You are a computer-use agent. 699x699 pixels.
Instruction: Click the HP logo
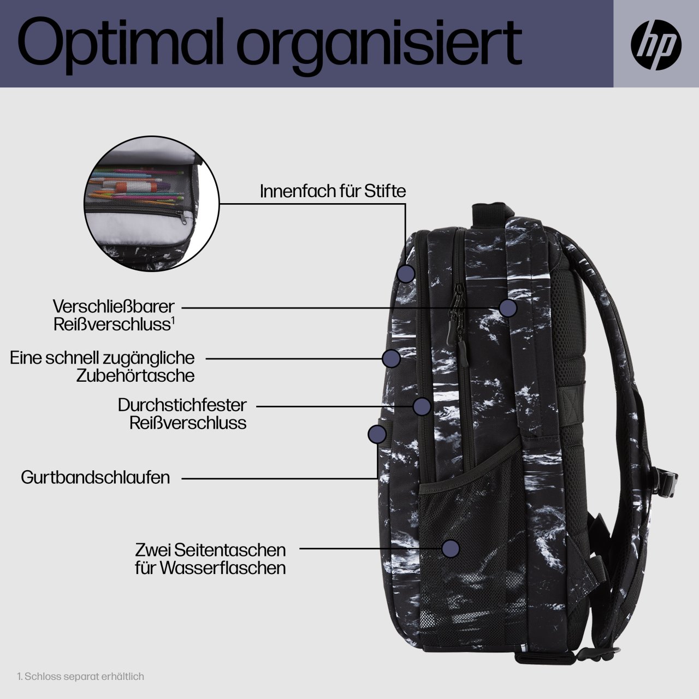pyautogui.click(x=656, y=44)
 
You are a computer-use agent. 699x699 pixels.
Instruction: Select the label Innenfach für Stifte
pyautogui.click(x=333, y=191)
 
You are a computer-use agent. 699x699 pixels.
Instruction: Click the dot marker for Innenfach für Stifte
pyautogui.click(x=406, y=273)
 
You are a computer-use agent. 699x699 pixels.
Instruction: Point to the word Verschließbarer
pyautogui.click(x=114, y=306)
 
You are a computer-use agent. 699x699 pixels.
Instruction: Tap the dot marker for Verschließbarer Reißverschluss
pyautogui.click(x=508, y=308)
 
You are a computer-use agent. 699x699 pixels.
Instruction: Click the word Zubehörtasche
pyautogui.click(x=135, y=375)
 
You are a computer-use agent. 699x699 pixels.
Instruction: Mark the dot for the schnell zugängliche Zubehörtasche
pyautogui.click(x=391, y=358)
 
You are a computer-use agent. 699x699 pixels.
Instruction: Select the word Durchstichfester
pyautogui.click(x=182, y=405)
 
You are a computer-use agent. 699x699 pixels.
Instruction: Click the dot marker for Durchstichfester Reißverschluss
pyautogui.click(x=422, y=406)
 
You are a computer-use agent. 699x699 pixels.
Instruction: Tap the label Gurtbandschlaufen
pyautogui.click(x=96, y=477)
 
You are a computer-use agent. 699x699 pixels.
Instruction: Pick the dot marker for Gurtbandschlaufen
pyautogui.click(x=377, y=434)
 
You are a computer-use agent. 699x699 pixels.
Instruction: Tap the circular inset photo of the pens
pyautogui.click(x=152, y=204)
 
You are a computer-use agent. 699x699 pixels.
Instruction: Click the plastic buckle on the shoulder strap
pyautogui.click(x=668, y=482)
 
